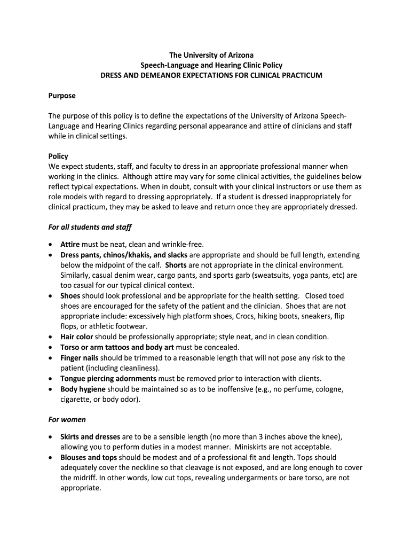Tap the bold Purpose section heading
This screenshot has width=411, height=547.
[x=62, y=96]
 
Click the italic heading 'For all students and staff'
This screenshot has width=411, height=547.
[x=90, y=227]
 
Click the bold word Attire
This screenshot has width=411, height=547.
[x=70, y=245]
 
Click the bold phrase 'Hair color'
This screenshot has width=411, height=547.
[x=77, y=337]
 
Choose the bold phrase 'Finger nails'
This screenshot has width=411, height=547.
[x=80, y=357]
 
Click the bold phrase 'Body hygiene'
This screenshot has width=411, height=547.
[x=83, y=388]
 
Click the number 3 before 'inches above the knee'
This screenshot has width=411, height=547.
[x=258, y=437]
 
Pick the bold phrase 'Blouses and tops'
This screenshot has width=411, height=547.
[x=89, y=457]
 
